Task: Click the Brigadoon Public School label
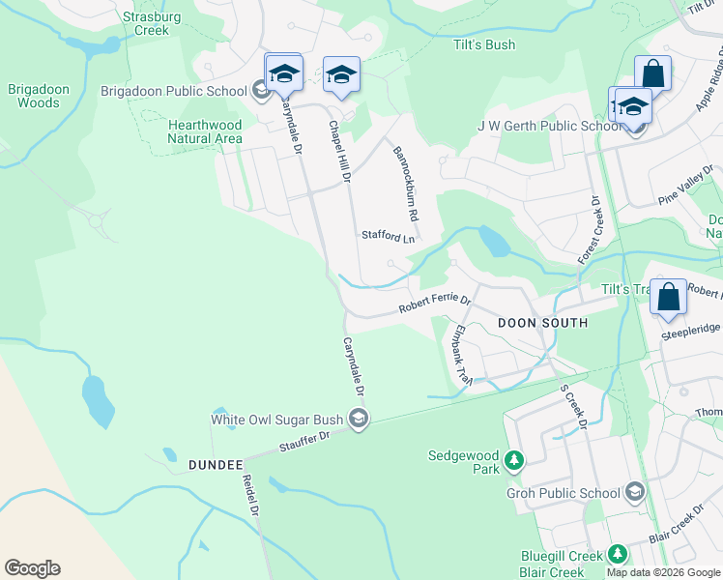point(174,92)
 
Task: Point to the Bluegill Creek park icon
point(617,555)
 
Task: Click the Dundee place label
point(210,465)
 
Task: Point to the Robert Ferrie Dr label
point(435,305)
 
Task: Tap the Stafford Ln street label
point(388,236)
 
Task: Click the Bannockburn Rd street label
point(405,182)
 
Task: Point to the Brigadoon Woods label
point(39,96)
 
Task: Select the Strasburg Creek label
point(145,23)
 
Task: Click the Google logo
point(32,568)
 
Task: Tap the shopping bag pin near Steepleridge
point(668,297)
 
